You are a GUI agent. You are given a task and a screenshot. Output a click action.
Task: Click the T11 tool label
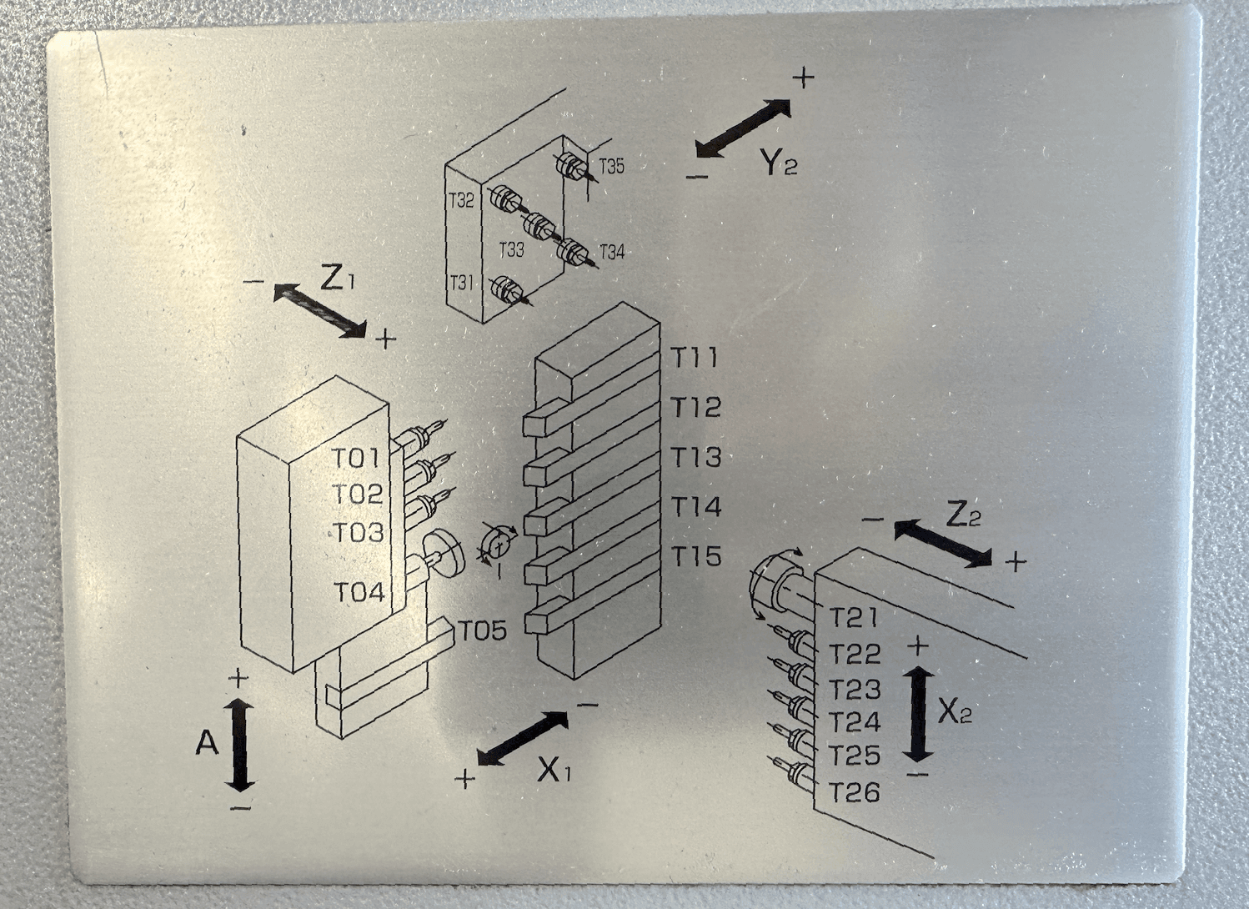tap(695, 358)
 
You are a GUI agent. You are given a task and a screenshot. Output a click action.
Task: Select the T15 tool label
tap(696, 556)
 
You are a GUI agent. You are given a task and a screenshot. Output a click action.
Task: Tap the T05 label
tap(482, 630)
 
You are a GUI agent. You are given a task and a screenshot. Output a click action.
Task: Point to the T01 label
tap(356, 458)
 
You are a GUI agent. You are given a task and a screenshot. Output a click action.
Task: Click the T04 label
tap(359, 592)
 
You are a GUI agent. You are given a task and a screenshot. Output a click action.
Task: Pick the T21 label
tap(854, 617)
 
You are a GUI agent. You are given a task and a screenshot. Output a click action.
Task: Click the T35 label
tap(611, 166)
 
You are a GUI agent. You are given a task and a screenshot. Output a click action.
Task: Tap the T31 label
tap(461, 283)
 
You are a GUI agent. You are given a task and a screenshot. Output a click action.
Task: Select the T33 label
tap(511, 249)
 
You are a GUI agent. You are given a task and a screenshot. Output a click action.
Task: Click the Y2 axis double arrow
tap(743, 128)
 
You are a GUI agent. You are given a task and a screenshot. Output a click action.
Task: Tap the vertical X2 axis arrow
tap(917, 714)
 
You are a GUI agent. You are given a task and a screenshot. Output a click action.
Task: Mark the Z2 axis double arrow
tap(943, 543)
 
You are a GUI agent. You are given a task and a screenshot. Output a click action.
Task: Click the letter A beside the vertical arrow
tap(207, 741)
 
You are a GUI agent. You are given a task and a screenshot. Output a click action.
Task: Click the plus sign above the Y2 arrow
tap(803, 78)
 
